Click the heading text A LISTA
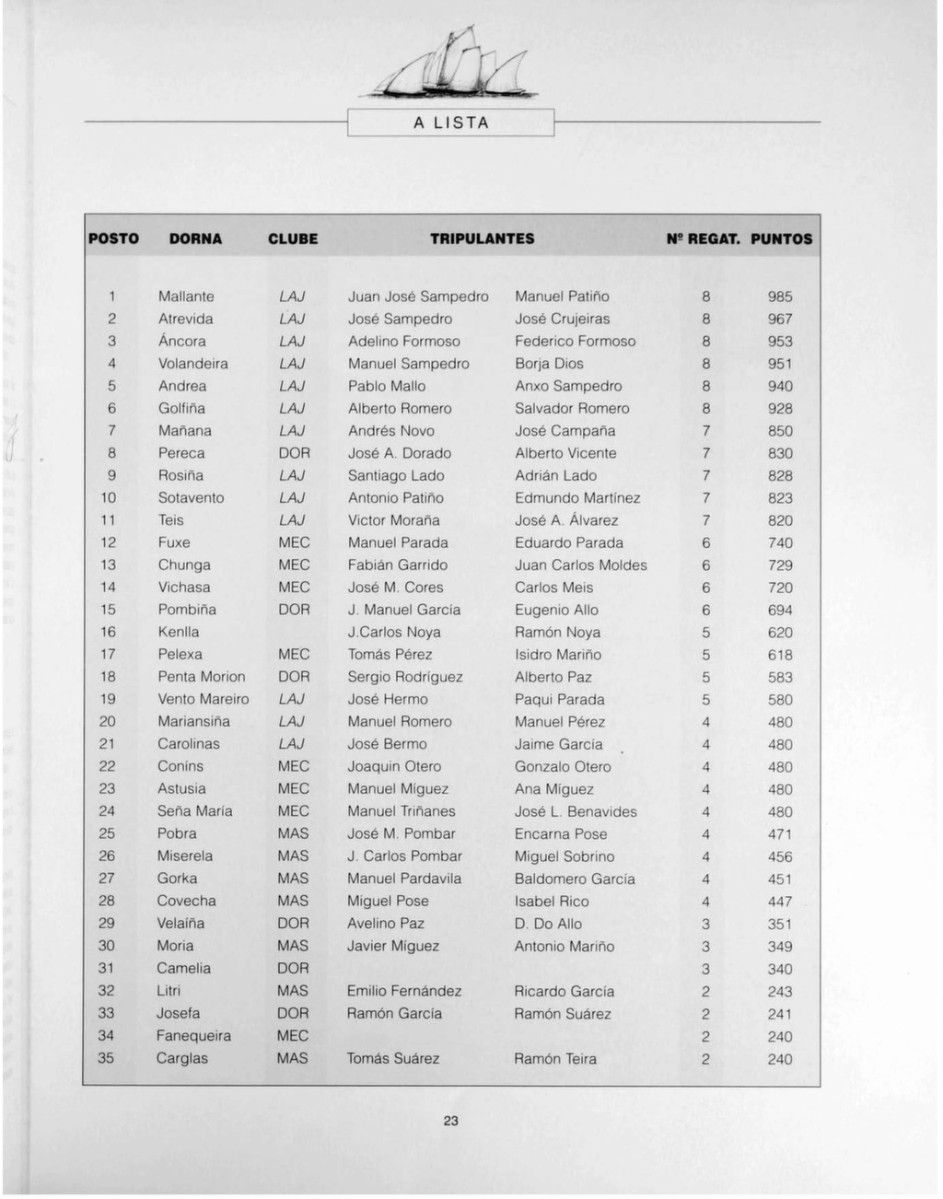tap(451, 122)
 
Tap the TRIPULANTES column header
tap(482, 239)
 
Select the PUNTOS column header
tap(781, 239)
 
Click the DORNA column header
tap(195, 239)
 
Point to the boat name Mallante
tap(186, 297)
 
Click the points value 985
tap(780, 297)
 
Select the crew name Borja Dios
tap(549, 364)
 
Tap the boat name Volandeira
tap(193, 364)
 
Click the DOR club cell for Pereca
tap(295, 453)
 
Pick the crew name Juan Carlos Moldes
tap(581, 565)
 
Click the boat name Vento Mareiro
tap(204, 699)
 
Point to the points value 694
tap(780, 610)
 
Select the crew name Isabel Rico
tap(552, 901)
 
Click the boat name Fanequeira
tap(193, 1035)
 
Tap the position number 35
tap(107, 1058)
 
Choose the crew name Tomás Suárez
tap(393, 1058)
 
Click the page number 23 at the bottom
tap(450, 1121)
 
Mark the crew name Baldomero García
tap(575, 879)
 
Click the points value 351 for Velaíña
tap(780, 924)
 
